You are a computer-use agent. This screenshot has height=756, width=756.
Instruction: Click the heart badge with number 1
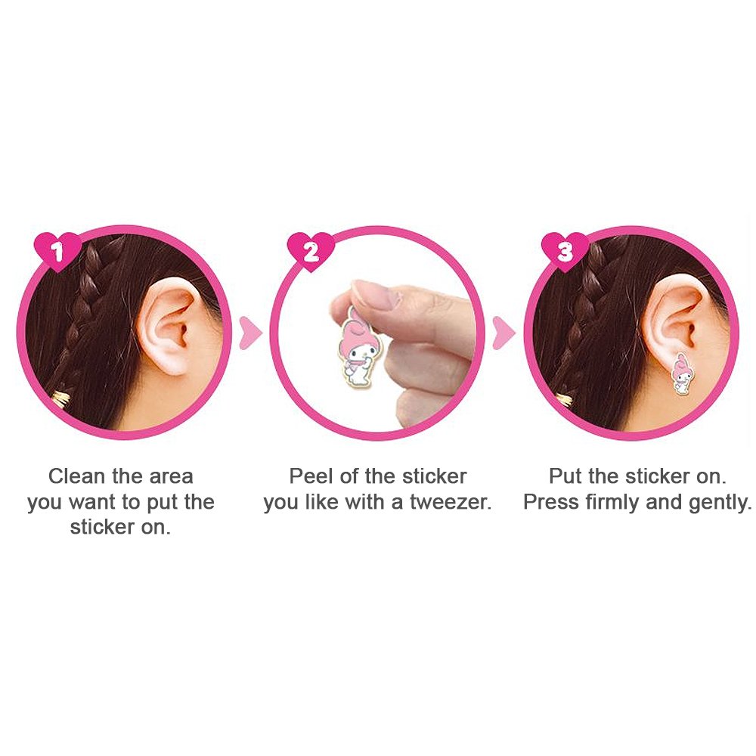pyautogui.click(x=57, y=251)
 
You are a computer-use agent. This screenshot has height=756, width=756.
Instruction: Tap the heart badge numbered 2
pyautogui.click(x=311, y=251)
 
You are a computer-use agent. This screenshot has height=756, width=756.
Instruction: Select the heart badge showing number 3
pyautogui.click(x=565, y=251)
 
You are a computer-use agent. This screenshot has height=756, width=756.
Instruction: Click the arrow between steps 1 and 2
pyautogui.click(x=250, y=333)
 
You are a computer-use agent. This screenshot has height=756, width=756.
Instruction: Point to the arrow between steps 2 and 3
pyautogui.click(x=503, y=333)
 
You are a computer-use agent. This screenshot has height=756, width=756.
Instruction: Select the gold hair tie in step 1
pyautogui.click(x=62, y=399)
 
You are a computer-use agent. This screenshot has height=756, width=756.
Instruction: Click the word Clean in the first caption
pyautogui.click(x=76, y=476)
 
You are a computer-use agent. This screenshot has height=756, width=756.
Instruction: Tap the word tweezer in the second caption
pyautogui.click(x=450, y=503)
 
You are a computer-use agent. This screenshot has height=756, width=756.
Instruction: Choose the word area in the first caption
pyautogui.click(x=171, y=477)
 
